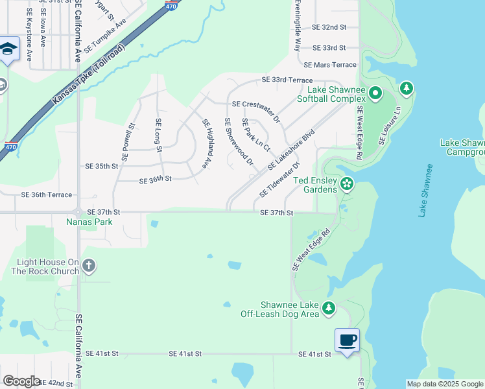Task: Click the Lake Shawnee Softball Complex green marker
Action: point(375,95)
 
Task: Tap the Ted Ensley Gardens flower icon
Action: point(347,184)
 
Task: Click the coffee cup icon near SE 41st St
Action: point(347,340)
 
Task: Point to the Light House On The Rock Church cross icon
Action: point(89,266)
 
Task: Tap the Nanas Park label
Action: point(89,222)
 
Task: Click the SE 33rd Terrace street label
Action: point(287,80)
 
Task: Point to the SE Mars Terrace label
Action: point(330,65)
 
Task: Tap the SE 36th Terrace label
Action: point(47,194)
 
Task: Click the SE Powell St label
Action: point(128,142)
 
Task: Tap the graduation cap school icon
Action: point(9,49)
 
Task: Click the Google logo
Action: point(21,381)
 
